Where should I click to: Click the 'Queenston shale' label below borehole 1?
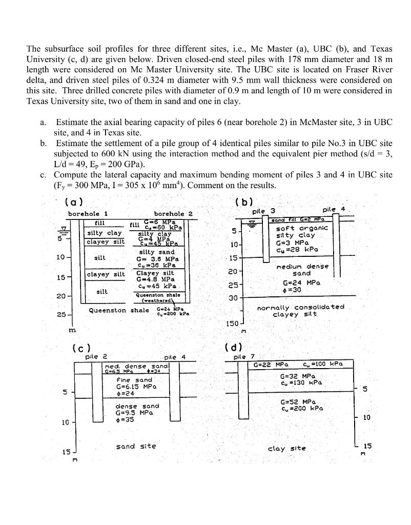(118, 310)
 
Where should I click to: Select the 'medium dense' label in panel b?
(302, 267)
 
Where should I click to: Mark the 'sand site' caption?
(136, 446)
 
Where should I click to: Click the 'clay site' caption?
(287, 448)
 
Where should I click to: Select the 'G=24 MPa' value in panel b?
(302, 282)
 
